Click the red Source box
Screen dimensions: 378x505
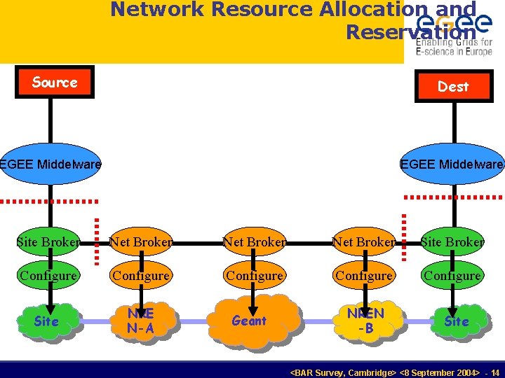click(55, 83)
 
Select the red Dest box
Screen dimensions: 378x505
click(453, 86)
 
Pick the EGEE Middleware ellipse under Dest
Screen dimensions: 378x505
click(452, 165)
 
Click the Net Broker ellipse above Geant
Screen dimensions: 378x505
click(254, 242)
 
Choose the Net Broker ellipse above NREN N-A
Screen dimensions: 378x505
click(141, 242)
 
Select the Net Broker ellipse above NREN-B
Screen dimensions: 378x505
click(363, 242)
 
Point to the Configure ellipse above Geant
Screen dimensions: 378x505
click(254, 276)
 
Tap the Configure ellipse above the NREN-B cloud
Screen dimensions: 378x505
click(363, 276)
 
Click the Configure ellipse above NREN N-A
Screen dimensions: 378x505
click(141, 276)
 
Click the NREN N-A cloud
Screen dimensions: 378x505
click(142, 321)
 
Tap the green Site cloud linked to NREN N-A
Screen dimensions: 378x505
click(46, 321)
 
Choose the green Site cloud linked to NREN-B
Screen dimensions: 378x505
click(456, 321)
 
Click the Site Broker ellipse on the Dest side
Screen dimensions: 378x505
click(452, 242)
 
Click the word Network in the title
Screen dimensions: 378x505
click(154, 10)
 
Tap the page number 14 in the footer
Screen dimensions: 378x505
click(495, 373)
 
